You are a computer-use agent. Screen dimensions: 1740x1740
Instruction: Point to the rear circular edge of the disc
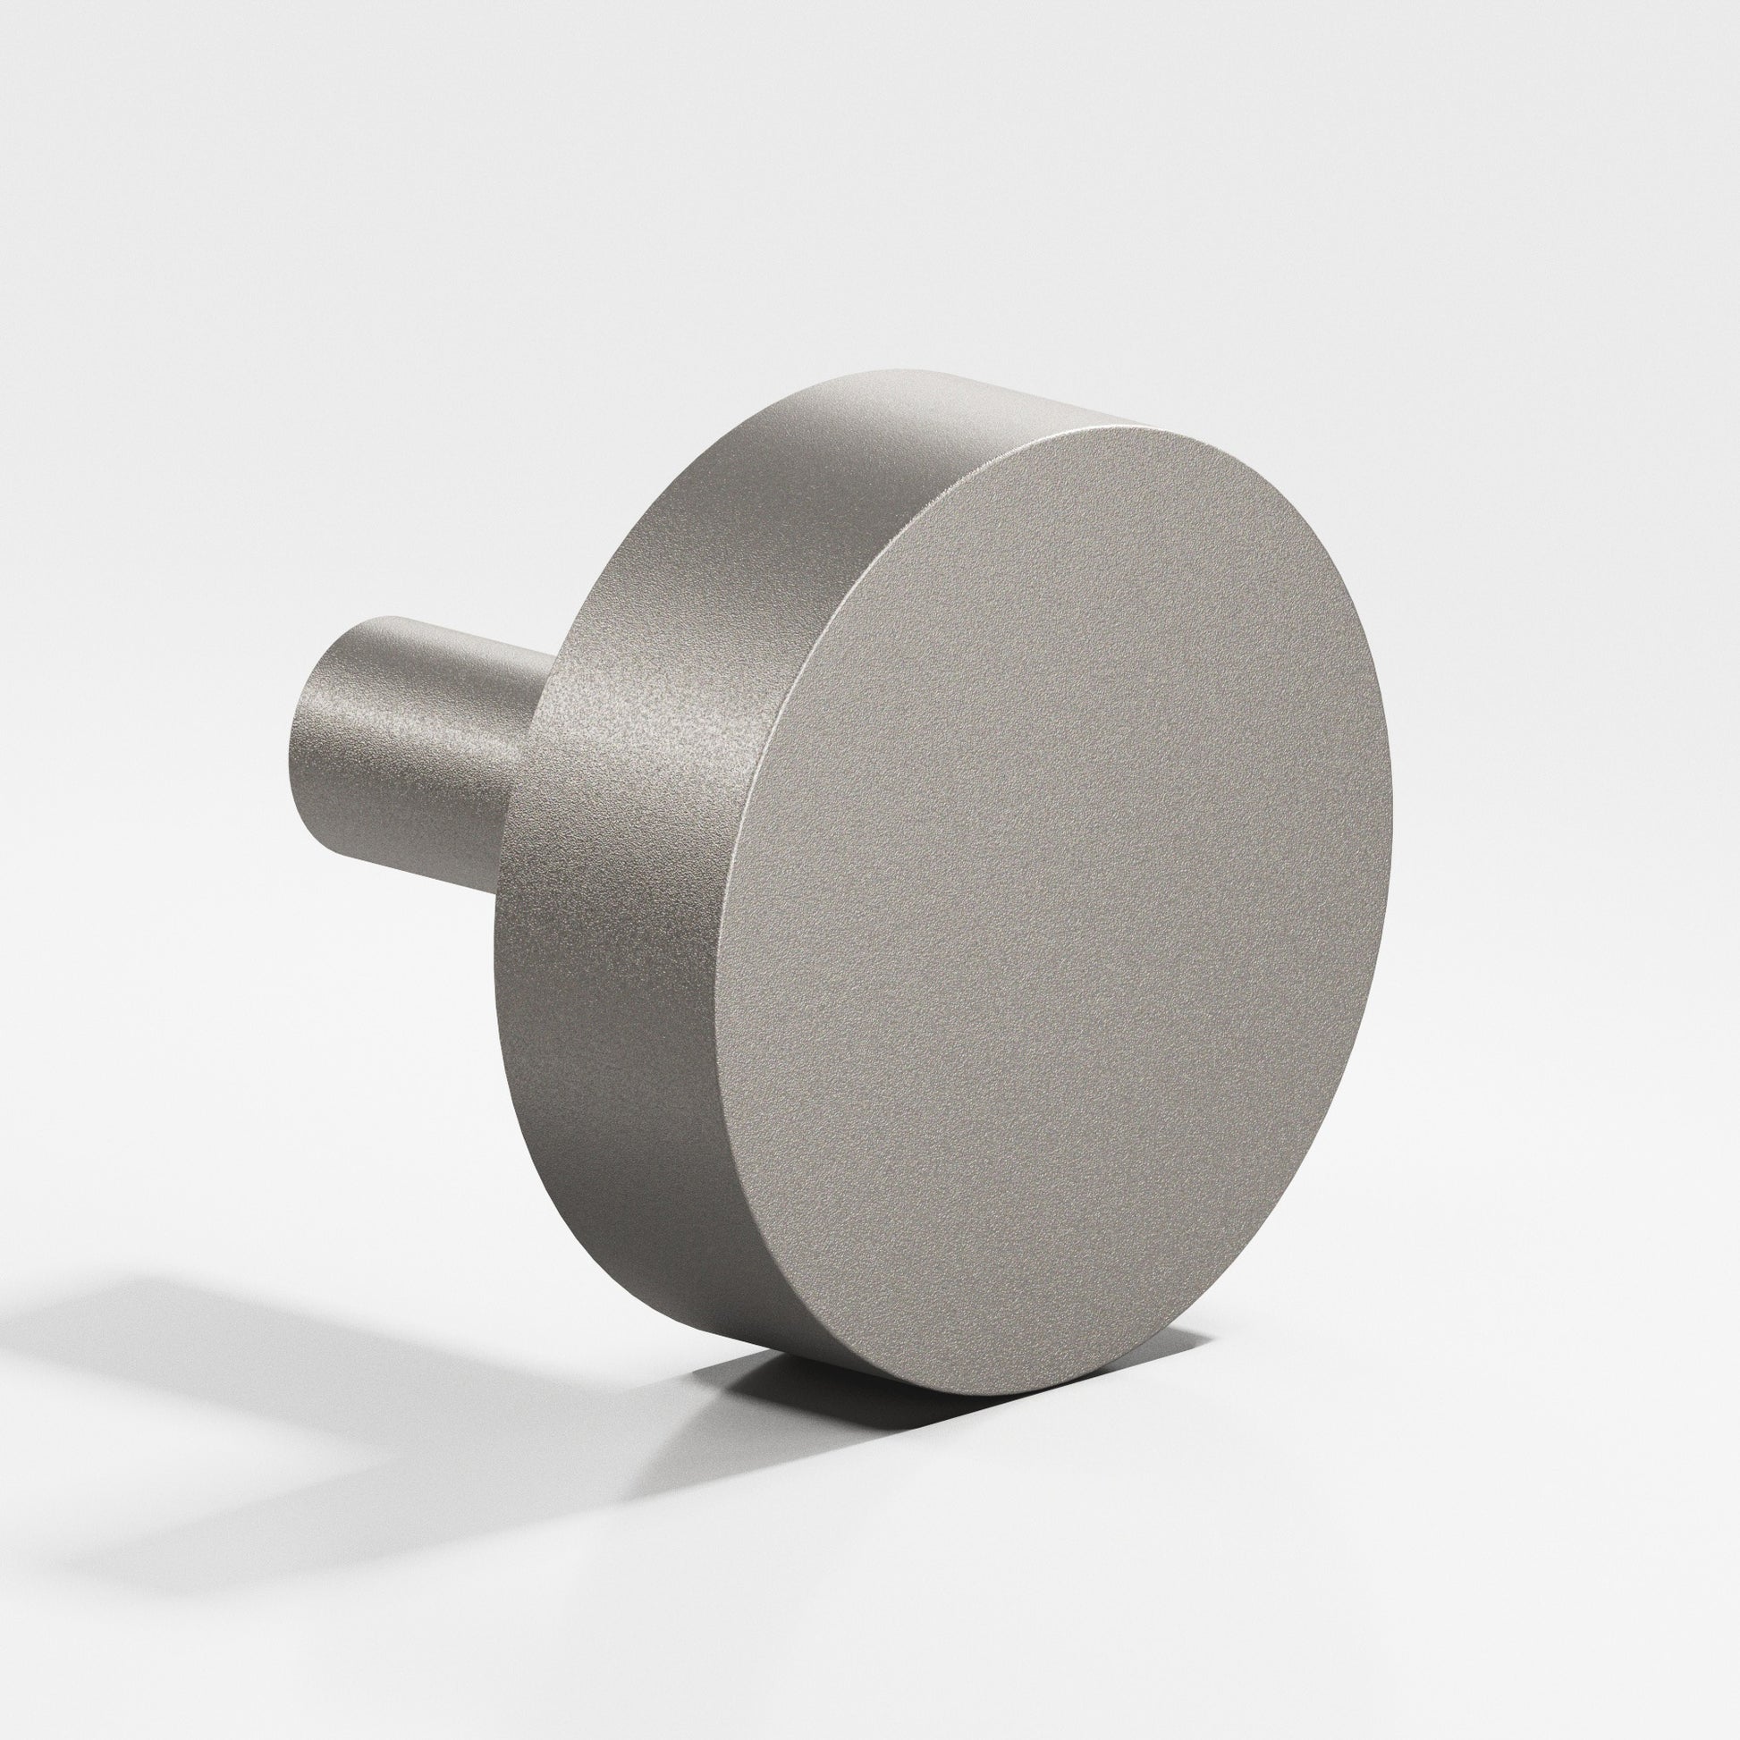pos(513,900)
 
